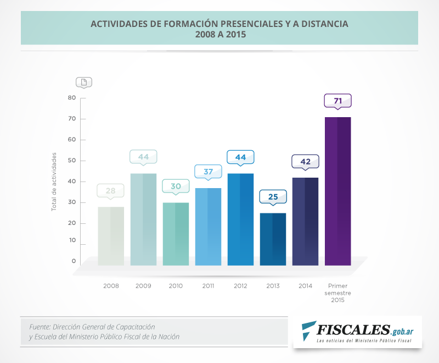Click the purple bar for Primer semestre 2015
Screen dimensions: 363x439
337,191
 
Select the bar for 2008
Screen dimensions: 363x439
111,236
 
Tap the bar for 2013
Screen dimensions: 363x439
273,239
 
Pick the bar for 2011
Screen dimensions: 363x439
208,226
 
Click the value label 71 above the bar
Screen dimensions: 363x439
337,101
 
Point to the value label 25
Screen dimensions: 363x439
273,196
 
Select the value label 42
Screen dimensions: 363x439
305,162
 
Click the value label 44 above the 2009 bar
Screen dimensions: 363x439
143,157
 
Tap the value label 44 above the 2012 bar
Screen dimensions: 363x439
240,157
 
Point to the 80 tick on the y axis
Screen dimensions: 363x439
72,98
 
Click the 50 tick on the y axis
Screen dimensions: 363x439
72,161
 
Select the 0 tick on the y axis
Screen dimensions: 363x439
74,261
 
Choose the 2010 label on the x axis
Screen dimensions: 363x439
176,286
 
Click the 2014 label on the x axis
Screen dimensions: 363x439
305,286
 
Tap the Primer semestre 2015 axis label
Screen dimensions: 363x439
337,293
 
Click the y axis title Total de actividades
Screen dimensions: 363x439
54,182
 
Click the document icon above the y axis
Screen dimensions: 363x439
83,82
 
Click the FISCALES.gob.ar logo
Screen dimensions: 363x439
357,332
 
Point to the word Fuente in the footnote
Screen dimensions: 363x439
40,327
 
